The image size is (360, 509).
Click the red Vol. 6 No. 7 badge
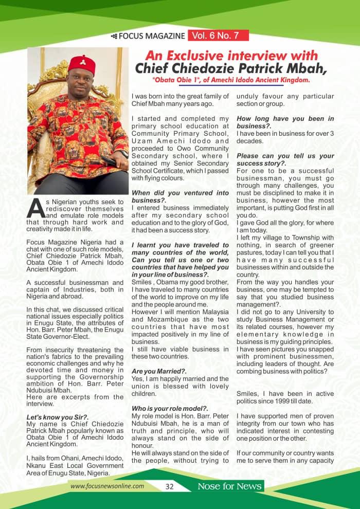pos(219,35)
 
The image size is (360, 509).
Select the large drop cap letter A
pos(34,208)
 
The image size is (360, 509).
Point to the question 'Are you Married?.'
pos(152,371)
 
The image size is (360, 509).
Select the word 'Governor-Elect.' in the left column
pos(63,337)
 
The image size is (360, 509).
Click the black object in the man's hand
pos(109,161)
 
